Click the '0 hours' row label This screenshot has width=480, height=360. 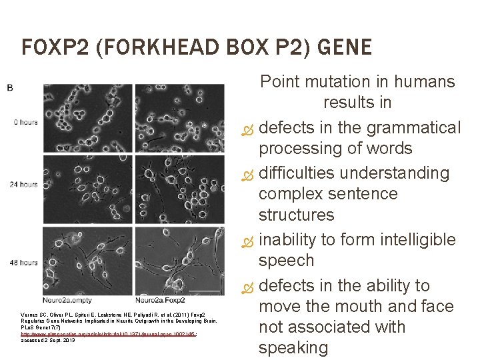click(x=25, y=122)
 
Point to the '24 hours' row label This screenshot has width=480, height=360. click(x=23, y=184)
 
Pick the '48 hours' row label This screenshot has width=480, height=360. click(x=23, y=263)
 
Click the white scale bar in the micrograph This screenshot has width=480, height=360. click(x=209, y=291)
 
